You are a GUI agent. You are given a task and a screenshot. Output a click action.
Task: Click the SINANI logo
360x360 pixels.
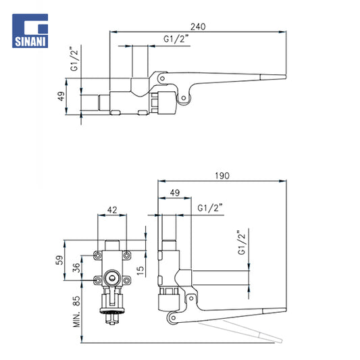click(x=30, y=31)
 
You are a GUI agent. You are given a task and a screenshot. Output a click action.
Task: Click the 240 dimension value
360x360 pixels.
click(x=198, y=27)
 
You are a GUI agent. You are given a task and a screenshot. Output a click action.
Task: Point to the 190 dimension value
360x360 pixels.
click(x=222, y=176)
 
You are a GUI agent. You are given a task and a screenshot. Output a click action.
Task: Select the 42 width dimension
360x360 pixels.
click(x=112, y=210)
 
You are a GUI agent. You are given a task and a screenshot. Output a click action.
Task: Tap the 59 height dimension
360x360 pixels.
click(x=59, y=260)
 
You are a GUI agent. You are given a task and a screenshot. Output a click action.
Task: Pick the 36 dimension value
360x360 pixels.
click(x=76, y=267)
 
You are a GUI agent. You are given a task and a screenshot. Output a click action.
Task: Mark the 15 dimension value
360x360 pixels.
click(x=140, y=270)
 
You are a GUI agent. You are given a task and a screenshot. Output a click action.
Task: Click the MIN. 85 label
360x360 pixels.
click(x=77, y=311)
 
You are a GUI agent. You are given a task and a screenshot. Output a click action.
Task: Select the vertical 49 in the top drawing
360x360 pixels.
click(x=61, y=96)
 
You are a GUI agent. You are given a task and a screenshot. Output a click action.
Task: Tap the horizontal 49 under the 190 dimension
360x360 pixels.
click(x=175, y=192)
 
